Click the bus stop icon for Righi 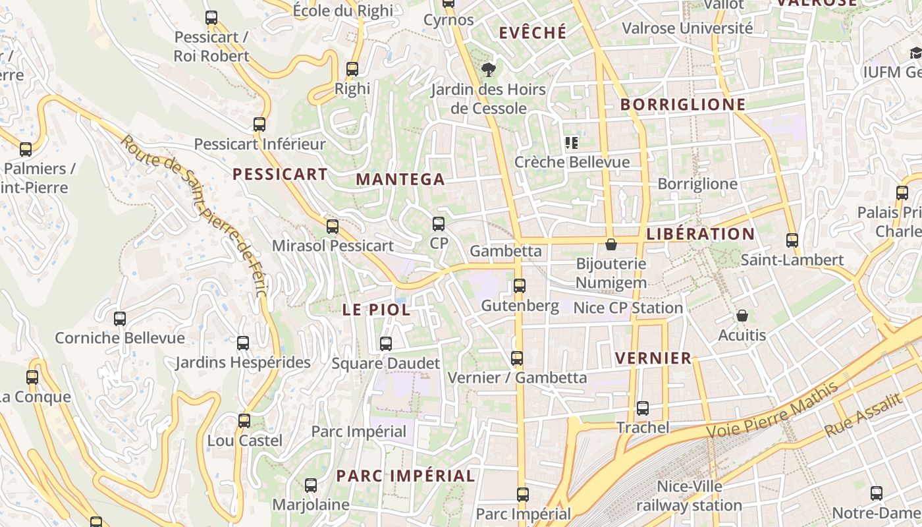(352, 69)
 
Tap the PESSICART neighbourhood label (280, 175)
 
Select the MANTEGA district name (400, 179)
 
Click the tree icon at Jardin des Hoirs (489, 70)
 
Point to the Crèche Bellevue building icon (571, 142)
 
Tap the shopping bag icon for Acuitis (742, 316)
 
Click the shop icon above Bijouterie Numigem (611, 244)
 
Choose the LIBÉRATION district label (701, 234)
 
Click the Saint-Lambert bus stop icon (792, 240)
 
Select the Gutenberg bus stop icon (520, 286)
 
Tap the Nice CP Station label (628, 308)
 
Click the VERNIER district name (653, 358)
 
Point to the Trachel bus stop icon (643, 408)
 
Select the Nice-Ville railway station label (689, 496)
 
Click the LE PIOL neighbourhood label (376, 310)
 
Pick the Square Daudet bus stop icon (386, 344)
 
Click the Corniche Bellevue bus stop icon (120, 319)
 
